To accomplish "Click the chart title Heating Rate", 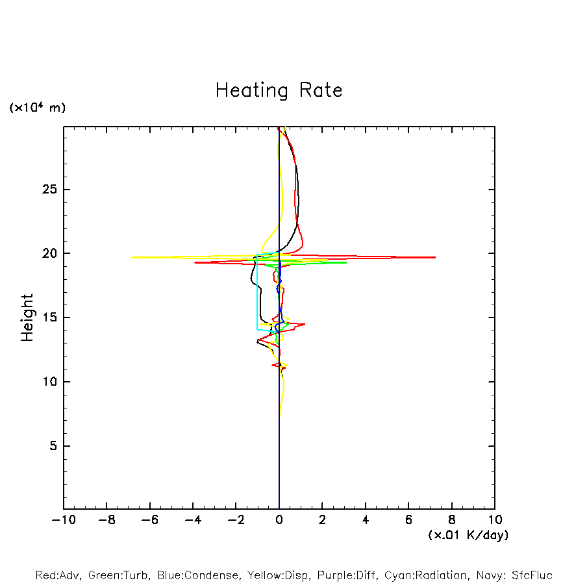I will (x=279, y=90).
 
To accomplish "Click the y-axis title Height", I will (x=27, y=318).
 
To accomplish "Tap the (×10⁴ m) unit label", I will (x=37, y=108).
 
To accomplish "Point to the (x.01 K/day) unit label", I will (x=468, y=535).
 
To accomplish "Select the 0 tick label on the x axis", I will (x=279, y=520).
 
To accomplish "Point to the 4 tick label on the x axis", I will (x=366, y=520).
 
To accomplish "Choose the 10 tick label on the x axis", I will (x=494, y=520).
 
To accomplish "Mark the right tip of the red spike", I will (x=435, y=258).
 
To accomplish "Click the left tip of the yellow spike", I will (x=132, y=258).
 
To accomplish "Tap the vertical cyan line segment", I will (x=257, y=295).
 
